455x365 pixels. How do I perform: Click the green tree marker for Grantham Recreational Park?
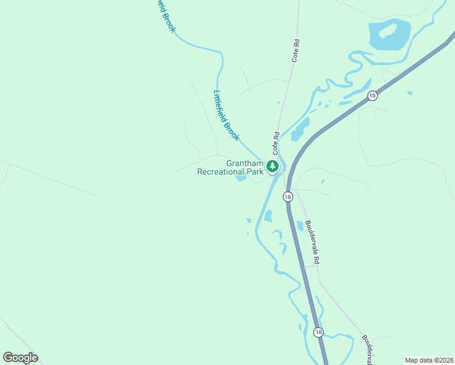[273, 165]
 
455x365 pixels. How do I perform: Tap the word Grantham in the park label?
[245, 163]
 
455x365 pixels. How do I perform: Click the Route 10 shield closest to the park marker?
[288, 196]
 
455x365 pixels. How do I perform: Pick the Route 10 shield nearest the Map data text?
[318, 332]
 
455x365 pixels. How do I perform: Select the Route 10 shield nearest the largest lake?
[372, 96]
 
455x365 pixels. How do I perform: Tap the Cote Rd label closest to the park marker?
[276, 142]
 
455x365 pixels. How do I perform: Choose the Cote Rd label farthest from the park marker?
[296, 52]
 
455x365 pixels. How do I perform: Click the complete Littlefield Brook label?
[226, 116]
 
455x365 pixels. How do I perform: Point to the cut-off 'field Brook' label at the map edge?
[164, 15]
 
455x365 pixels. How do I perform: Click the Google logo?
[20, 358]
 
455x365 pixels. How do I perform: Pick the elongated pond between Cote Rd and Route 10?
[300, 129]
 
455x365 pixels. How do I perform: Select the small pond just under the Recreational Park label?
[241, 178]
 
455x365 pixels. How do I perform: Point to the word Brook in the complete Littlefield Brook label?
[232, 130]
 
